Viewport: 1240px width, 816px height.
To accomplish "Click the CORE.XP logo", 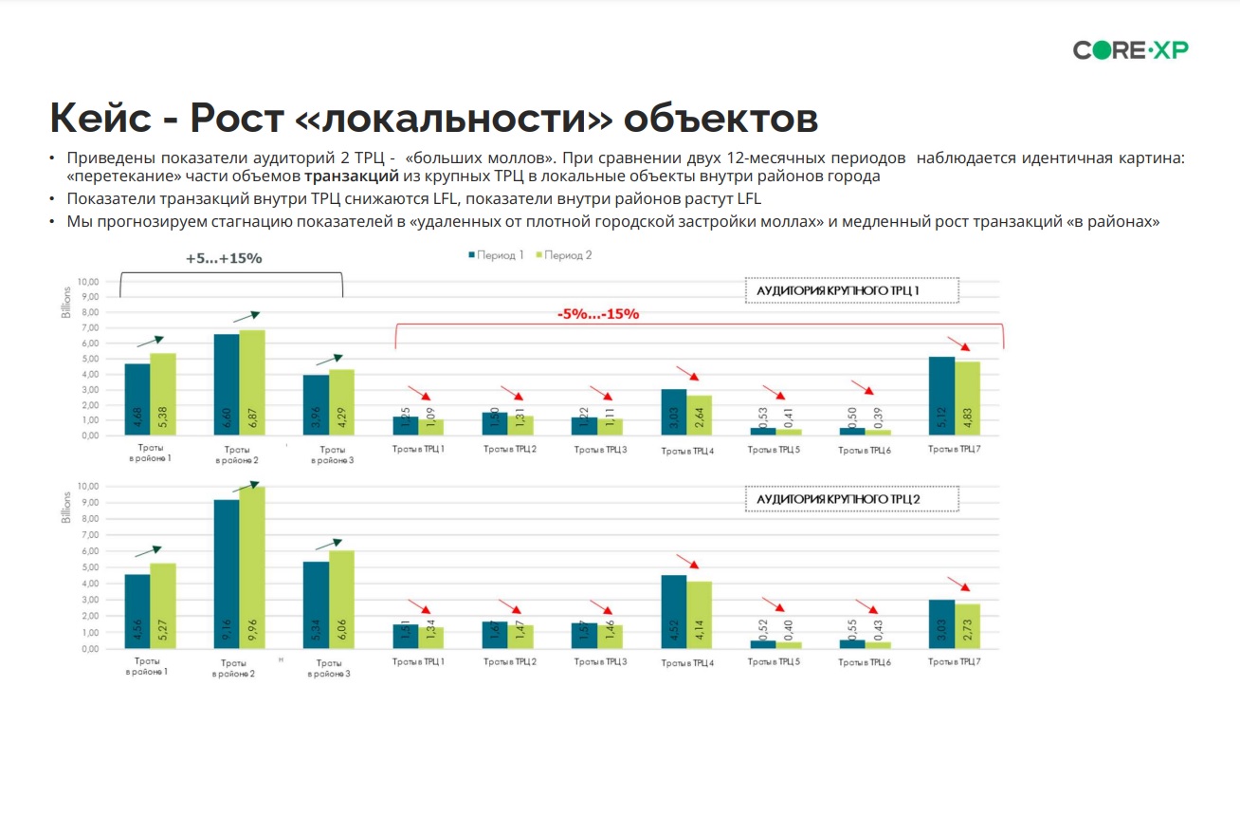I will point(1130,50).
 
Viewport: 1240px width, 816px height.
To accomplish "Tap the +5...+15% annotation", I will point(225,258).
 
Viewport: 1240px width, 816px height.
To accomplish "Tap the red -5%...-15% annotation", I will point(597,313).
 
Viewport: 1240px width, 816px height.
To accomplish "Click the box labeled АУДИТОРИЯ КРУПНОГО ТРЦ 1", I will point(851,290).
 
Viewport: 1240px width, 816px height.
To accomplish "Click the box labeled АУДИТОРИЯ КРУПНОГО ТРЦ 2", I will point(851,499).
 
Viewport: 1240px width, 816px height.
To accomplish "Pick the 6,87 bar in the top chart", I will point(252,382).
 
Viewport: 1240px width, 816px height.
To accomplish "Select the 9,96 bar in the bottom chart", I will point(252,567).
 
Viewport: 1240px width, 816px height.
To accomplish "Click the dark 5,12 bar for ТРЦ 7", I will point(941,396).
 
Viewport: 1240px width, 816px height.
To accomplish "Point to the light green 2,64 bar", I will point(700,415).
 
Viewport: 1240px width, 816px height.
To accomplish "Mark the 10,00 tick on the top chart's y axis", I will point(86,282).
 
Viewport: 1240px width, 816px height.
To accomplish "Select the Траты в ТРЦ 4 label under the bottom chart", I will point(688,662).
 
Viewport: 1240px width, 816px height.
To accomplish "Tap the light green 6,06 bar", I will point(341,600).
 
